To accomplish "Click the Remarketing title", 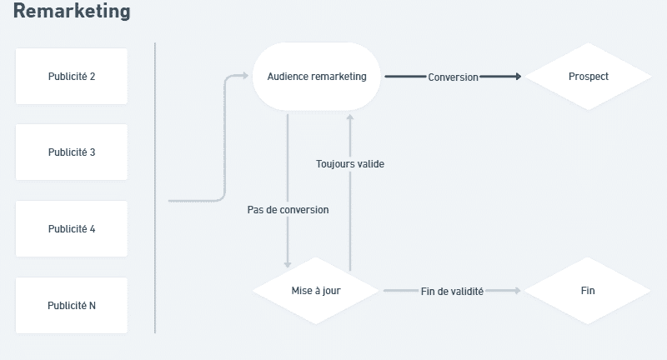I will (x=72, y=12).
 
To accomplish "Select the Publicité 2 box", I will (x=72, y=77).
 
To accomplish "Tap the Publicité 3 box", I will (x=72, y=152).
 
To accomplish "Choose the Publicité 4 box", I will (x=72, y=229).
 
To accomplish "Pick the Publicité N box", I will (x=72, y=306).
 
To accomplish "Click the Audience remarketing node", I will (x=317, y=77).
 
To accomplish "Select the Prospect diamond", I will (x=589, y=77).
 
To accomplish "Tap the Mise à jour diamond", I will (x=316, y=291).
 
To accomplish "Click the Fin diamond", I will (x=588, y=291).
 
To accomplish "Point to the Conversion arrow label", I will (x=453, y=77).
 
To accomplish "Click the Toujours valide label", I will (x=350, y=164).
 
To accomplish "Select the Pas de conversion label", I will (x=288, y=210).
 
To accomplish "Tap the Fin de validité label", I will (x=452, y=291).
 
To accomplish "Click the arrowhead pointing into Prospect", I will (x=518, y=77).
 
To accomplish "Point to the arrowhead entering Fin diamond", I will (x=518, y=291).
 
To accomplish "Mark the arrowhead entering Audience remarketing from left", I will (x=245, y=77).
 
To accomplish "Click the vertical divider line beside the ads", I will (x=155, y=187).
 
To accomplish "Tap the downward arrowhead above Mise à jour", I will (x=288, y=263).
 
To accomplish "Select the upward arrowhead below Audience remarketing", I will (x=350, y=117).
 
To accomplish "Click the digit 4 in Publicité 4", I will (x=93, y=229).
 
